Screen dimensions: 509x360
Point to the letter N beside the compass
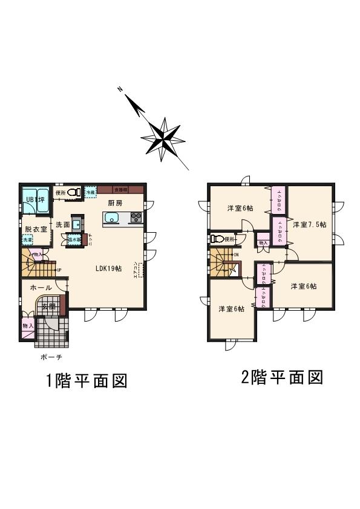point(120,89)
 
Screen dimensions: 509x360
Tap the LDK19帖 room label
point(109,268)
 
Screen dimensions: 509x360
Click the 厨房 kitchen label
point(115,203)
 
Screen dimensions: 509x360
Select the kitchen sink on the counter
point(112,218)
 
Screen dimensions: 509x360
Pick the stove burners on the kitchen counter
point(136,218)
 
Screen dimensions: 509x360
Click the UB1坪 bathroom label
point(34,199)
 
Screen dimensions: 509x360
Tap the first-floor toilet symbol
point(74,193)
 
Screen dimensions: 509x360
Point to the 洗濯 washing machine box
point(28,240)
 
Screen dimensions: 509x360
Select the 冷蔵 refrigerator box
point(90,192)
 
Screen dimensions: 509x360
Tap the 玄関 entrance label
point(48,306)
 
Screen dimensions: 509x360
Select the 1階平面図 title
point(86,381)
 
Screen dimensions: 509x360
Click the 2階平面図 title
point(281,378)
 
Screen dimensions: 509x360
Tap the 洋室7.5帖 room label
point(309,224)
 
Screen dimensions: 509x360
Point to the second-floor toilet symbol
point(216,239)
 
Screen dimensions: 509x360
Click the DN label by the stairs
point(235,254)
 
